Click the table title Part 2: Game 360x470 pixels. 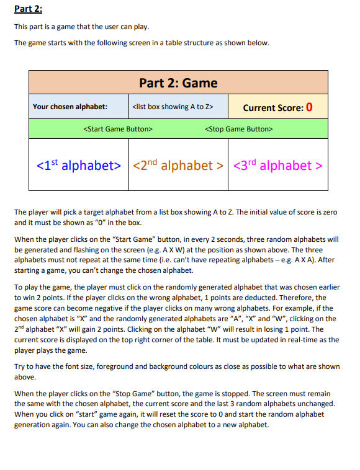pos(178,82)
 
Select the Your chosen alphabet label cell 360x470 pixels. pos(70,107)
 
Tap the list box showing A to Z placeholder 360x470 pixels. pos(173,107)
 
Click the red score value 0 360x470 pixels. pos(308,107)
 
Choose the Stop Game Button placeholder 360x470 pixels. pos(238,129)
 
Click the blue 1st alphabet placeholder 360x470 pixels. pos(78,166)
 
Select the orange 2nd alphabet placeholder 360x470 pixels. pos(178,166)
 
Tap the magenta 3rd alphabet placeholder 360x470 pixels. pos(278,166)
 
